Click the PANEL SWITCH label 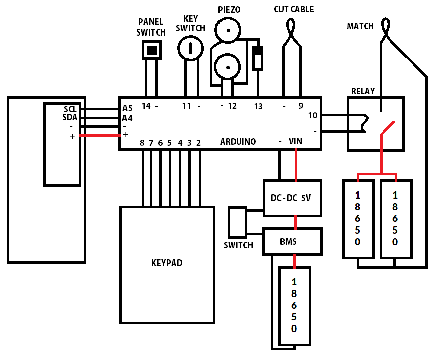pyautogui.click(x=151, y=27)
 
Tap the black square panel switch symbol pyautogui.click(x=151, y=50)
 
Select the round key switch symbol pyautogui.click(x=191, y=48)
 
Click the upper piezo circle pyautogui.click(x=228, y=30)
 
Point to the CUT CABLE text pyautogui.click(x=294, y=9)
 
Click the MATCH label pyautogui.click(x=360, y=26)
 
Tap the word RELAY pyautogui.click(x=363, y=91)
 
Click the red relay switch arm pyautogui.click(x=387, y=128)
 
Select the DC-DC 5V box pyautogui.click(x=292, y=198)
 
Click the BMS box pyautogui.click(x=292, y=241)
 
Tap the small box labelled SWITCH pyautogui.click(x=237, y=222)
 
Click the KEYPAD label pyautogui.click(x=167, y=263)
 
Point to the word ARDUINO pyautogui.click(x=238, y=142)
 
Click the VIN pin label pyautogui.click(x=295, y=141)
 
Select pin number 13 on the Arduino pyautogui.click(x=258, y=106)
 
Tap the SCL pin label pyautogui.click(x=70, y=109)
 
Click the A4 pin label pyautogui.click(x=127, y=119)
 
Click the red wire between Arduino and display pyautogui.click(x=100, y=135)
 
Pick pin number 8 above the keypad pyautogui.click(x=142, y=143)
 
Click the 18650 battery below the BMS pyautogui.click(x=295, y=306)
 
